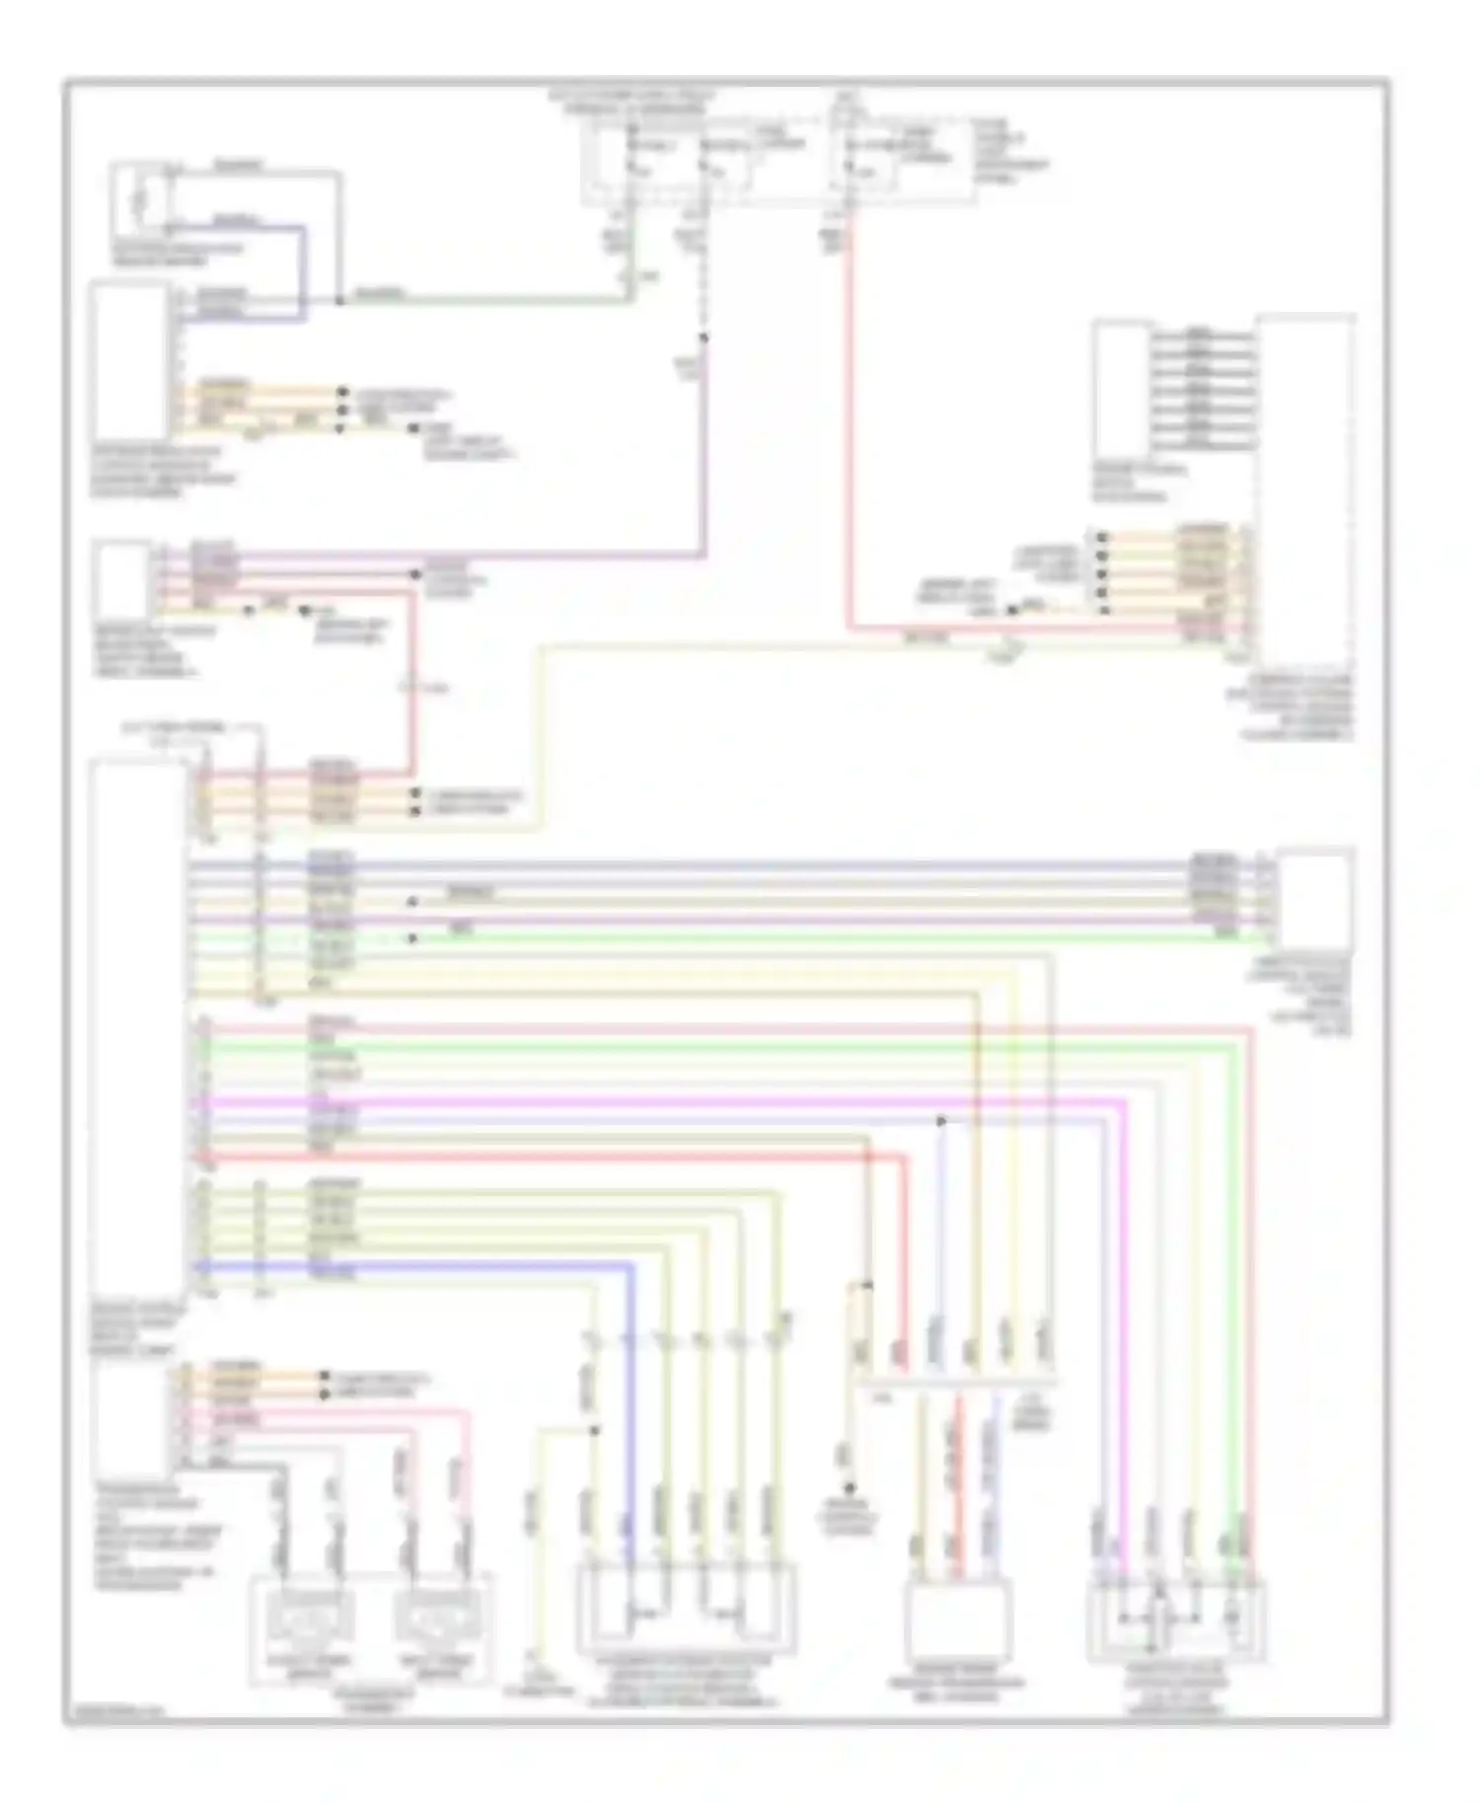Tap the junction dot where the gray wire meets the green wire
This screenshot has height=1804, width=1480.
[x=339, y=299]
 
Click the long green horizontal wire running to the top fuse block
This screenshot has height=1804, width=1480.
[x=493, y=298]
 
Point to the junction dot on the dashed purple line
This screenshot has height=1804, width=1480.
[x=704, y=338]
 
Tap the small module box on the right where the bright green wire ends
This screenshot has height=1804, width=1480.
[x=1314, y=898]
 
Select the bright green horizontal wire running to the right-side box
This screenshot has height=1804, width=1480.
[x=789, y=937]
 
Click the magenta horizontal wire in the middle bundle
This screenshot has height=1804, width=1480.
[x=691, y=1099]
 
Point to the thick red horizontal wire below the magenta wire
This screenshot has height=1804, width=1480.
[x=592, y=1156]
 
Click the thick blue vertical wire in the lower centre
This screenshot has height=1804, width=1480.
[x=630, y=1401]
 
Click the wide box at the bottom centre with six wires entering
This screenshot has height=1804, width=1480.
[x=686, y=1609]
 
